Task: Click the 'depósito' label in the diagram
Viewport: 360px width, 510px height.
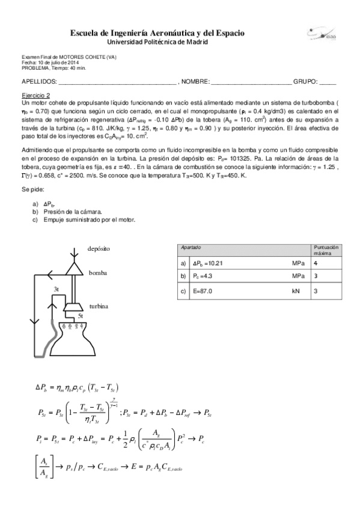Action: click(x=99, y=248)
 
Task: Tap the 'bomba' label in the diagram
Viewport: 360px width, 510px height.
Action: click(x=97, y=272)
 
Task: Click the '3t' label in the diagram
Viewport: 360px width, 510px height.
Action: click(x=56, y=289)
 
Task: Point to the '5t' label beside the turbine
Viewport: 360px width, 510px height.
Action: click(x=80, y=315)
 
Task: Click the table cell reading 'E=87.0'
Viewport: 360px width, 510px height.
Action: click(x=205, y=291)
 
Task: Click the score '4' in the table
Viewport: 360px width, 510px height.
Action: click(x=316, y=263)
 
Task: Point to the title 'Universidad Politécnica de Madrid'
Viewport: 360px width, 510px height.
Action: click(x=157, y=42)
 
